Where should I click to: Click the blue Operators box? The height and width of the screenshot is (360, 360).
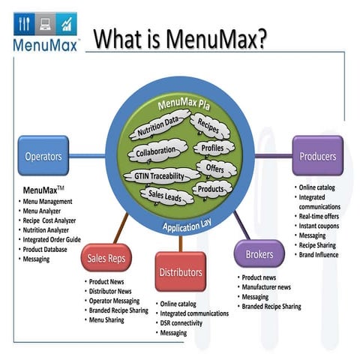tap(43, 157)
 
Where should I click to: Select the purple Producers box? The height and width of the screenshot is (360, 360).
tap(317, 157)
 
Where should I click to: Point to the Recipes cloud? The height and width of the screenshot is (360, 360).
tap(207, 125)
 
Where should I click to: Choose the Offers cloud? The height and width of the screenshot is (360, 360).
tap(214, 169)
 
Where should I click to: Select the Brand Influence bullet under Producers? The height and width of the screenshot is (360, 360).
tap(318, 255)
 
